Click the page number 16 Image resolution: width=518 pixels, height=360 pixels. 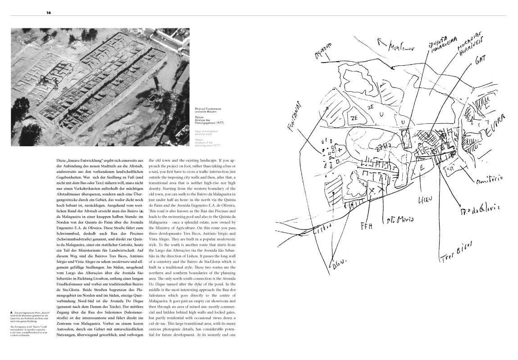coord(48,13)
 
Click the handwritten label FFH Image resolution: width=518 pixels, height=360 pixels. coord(367,225)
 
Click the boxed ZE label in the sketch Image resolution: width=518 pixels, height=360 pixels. coord(354,118)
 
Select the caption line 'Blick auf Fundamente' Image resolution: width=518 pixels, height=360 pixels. coord(208,109)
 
